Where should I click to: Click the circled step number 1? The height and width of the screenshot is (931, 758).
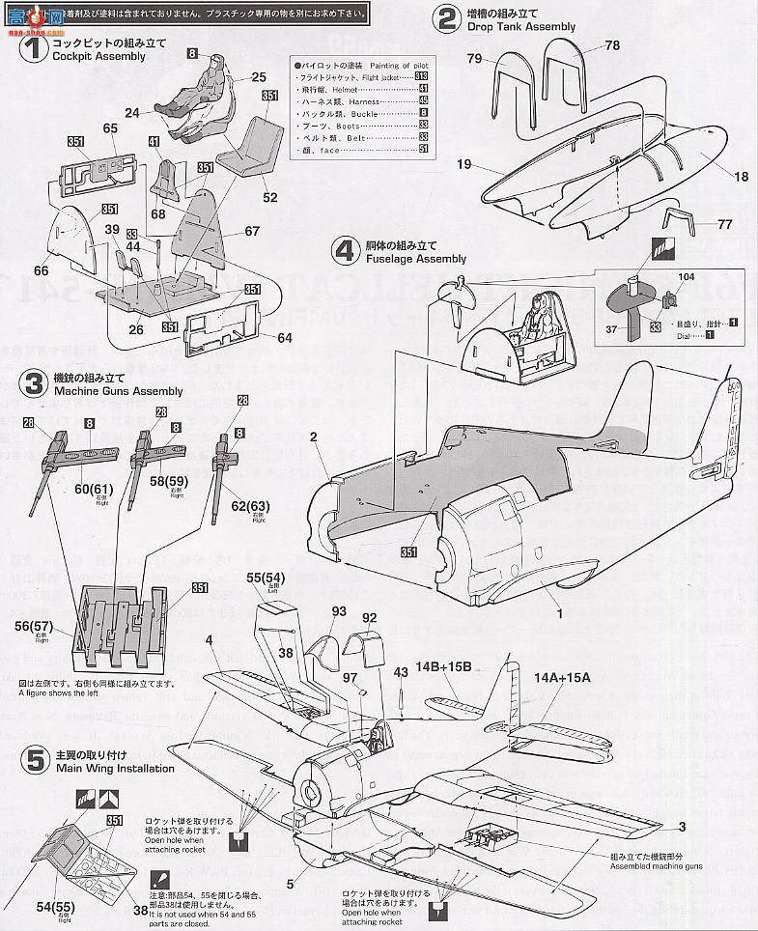34,48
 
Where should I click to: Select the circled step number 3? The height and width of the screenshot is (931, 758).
34,384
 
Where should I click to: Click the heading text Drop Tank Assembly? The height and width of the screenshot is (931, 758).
521,27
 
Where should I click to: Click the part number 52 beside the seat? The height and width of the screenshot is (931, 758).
269,197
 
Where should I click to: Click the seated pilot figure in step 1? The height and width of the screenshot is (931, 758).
206,97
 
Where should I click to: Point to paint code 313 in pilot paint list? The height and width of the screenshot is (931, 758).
421,75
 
